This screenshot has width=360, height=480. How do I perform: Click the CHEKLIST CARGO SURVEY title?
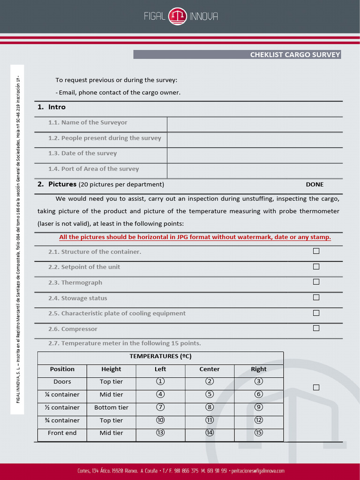click(x=295, y=55)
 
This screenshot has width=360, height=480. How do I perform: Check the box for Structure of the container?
click(x=316, y=251)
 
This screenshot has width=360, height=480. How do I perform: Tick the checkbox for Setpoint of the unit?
click(x=316, y=267)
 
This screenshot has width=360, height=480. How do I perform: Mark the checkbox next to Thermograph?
click(x=316, y=282)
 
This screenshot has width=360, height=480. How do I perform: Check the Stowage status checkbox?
click(x=316, y=298)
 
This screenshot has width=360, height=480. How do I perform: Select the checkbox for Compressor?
click(x=316, y=328)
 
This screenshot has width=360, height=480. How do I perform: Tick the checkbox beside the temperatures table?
click(x=316, y=387)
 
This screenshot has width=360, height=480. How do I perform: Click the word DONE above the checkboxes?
click(x=315, y=184)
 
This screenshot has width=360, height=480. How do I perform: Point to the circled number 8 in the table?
click(x=210, y=407)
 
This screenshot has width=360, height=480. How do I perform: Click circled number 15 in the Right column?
click(x=259, y=433)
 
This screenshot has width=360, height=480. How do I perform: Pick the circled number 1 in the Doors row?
click(x=160, y=382)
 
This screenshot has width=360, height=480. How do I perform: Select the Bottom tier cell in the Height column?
click(x=111, y=407)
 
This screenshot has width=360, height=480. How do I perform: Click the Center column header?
click(x=210, y=369)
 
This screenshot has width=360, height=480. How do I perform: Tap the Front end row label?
click(x=62, y=433)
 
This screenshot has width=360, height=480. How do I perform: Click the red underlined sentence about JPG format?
click(x=195, y=237)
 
